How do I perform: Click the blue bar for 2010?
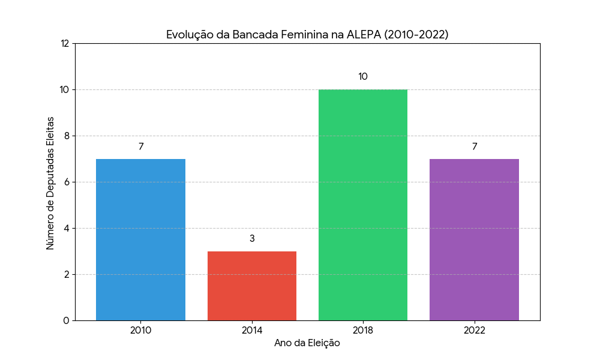tap(140, 239)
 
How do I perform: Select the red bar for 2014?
tap(252, 286)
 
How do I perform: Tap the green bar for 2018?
tap(363, 205)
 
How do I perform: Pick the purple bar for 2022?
tap(474, 239)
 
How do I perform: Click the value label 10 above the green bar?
tap(363, 77)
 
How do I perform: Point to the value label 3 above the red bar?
tap(252, 239)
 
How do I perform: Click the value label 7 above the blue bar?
tap(141, 146)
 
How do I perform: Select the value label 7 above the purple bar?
tap(474, 146)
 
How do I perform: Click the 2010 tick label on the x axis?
tap(140, 330)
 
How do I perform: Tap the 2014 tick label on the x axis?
tap(252, 330)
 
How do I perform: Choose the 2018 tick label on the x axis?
tap(363, 330)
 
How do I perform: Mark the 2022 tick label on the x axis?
tap(474, 330)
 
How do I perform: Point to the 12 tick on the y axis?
tap(65, 43)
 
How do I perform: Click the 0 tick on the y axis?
tap(67, 320)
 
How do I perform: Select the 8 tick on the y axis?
tap(67, 136)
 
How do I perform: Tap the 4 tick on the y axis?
tap(67, 228)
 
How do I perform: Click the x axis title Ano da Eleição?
tap(307, 343)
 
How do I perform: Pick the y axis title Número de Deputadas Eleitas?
tap(50, 183)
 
